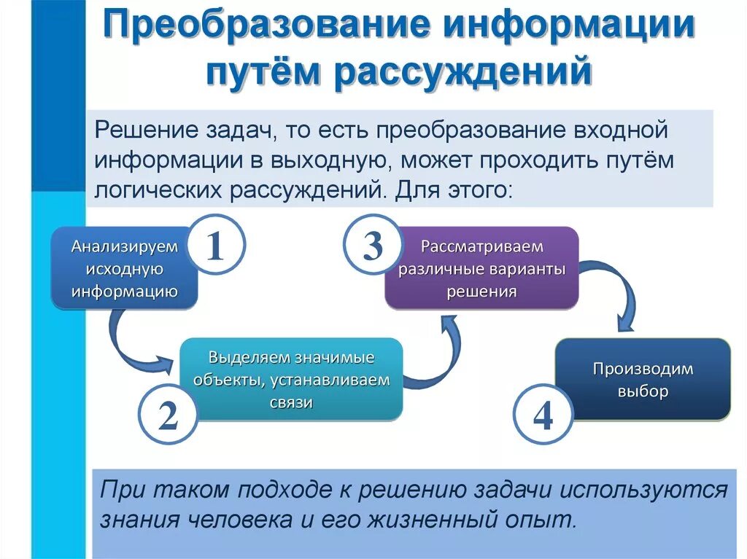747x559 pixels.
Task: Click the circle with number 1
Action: [x=214, y=247]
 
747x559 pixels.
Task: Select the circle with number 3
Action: [x=373, y=247]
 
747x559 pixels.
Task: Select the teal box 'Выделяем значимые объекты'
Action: [x=291, y=380]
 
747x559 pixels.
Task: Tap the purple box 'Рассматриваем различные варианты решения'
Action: [x=482, y=268]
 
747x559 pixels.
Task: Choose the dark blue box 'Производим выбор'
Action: [x=643, y=380]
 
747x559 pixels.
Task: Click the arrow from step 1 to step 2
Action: [x=131, y=343]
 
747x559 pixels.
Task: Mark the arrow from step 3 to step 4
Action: [x=613, y=292]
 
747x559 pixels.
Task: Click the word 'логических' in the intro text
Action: [x=160, y=190]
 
